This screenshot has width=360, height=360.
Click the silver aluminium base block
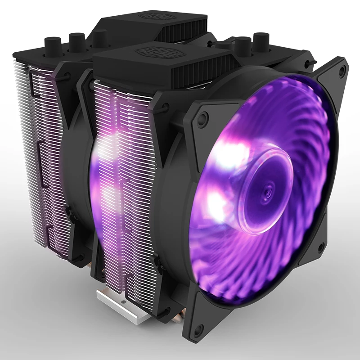[x=118, y=306]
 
